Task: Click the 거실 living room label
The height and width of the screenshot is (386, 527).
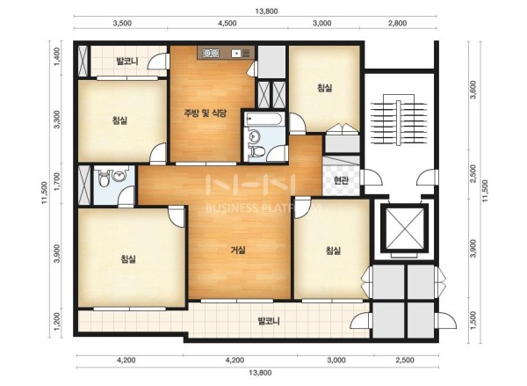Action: pyautogui.click(x=238, y=250)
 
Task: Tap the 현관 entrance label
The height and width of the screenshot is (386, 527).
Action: pyautogui.click(x=341, y=180)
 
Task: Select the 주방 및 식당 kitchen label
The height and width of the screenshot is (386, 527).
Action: pyautogui.click(x=205, y=113)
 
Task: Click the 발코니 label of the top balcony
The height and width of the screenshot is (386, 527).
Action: pyautogui.click(x=127, y=62)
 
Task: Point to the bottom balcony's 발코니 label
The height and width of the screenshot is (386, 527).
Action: pyautogui.click(x=269, y=321)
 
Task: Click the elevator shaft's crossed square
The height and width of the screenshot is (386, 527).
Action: pyautogui.click(x=404, y=228)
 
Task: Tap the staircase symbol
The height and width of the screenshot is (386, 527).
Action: pyautogui.click(x=399, y=123)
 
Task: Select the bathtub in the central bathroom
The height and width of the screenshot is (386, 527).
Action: pyautogui.click(x=264, y=119)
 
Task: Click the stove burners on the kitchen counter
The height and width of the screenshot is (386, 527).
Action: pyautogui.click(x=211, y=53)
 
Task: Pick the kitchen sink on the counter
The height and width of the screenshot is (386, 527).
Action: pyautogui.click(x=236, y=53)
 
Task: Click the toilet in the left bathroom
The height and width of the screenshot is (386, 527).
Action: pyautogui.click(x=104, y=178)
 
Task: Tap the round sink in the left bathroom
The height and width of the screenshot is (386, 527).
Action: pyautogui.click(x=119, y=175)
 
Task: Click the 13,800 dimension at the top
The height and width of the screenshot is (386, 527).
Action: pyautogui.click(x=266, y=11)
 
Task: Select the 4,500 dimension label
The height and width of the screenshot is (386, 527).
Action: pyautogui.click(x=227, y=23)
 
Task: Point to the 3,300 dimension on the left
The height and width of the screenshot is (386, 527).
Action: pyautogui.click(x=57, y=120)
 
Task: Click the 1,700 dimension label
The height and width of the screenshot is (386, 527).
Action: pyautogui.click(x=57, y=182)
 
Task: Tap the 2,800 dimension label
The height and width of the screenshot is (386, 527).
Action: pyautogui.click(x=398, y=23)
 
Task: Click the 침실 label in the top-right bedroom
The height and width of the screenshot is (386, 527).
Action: pyautogui.click(x=325, y=88)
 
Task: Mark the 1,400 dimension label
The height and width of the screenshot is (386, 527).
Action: pyautogui.click(x=57, y=56)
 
